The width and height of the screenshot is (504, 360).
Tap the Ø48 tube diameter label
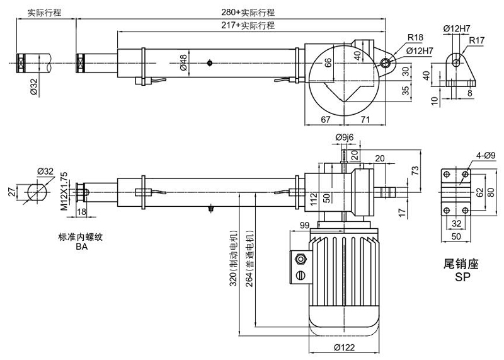(x=183, y=62)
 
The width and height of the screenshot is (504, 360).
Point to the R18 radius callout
(x=415, y=37)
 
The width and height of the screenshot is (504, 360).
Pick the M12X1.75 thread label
(x=63, y=190)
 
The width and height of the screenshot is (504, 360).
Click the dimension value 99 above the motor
(x=304, y=225)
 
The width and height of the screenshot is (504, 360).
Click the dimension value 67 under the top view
(x=325, y=119)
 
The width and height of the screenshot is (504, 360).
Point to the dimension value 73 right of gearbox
(x=414, y=170)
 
